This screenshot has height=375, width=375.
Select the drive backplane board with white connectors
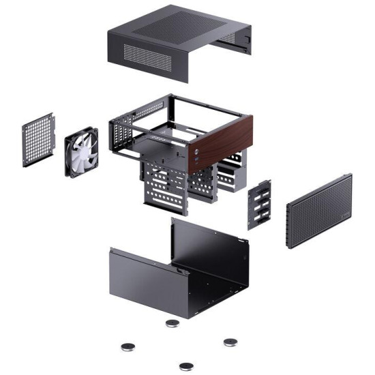tap(260, 205)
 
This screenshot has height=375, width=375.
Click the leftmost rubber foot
tap(127, 347)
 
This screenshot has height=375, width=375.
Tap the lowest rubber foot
tap(185, 365)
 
